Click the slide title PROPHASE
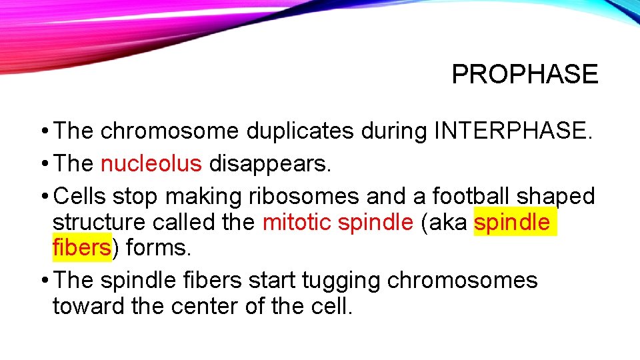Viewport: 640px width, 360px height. [x=525, y=74]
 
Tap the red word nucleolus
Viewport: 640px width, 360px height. [x=151, y=163]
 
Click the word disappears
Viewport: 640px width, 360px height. [x=270, y=163]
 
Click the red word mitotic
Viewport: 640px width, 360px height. [x=297, y=222]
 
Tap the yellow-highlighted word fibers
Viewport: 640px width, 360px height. [x=81, y=247]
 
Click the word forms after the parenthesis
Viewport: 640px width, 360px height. [x=158, y=247]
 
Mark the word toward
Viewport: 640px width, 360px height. [x=86, y=306]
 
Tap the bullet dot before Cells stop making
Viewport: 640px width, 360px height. [x=43, y=197]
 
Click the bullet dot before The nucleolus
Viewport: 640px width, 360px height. [x=43, y=164]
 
